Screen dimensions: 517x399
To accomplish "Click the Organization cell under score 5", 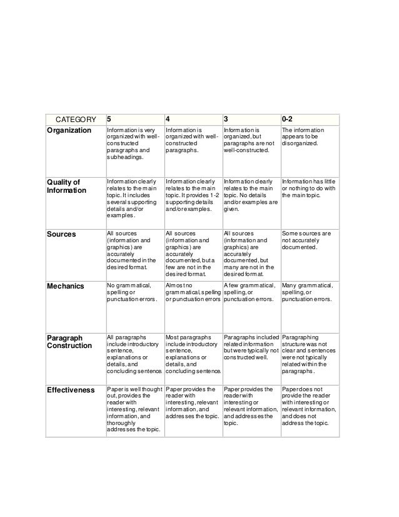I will pyautogui.click(x=134, y=146).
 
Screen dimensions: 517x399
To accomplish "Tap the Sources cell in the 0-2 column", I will pyautogui.click(x=309, y=240).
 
